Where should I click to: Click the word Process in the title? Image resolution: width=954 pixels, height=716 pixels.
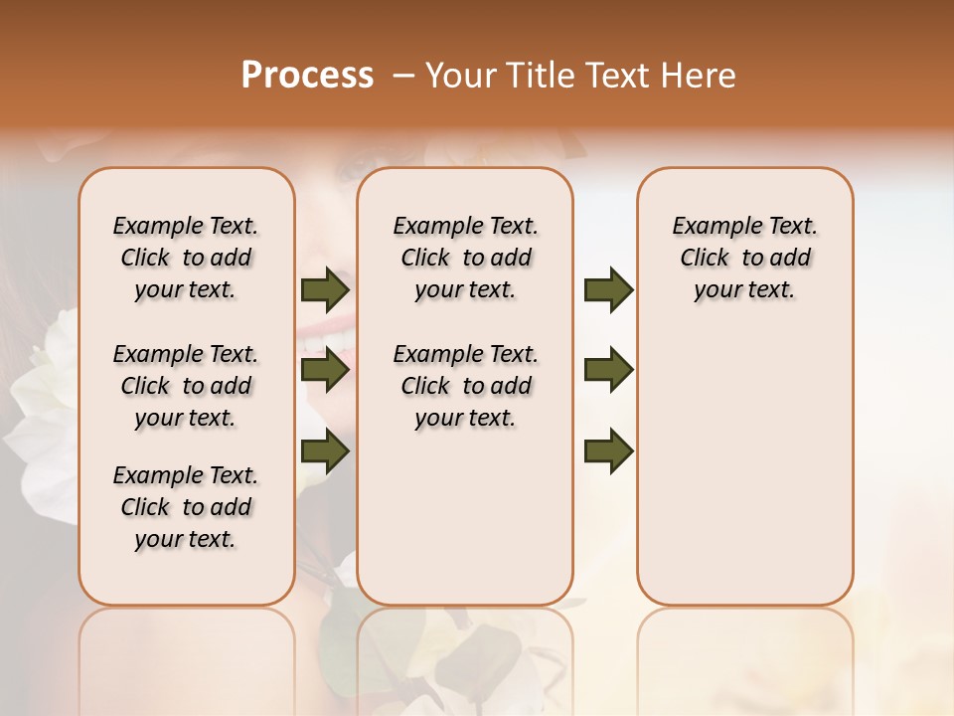(x=307, y=76)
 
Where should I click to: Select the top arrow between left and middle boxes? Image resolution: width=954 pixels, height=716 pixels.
(x=325, y=290)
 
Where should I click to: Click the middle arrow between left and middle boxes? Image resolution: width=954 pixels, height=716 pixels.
(x=325, y=370)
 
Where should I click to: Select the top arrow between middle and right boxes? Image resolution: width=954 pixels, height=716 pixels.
(x=608, y=290)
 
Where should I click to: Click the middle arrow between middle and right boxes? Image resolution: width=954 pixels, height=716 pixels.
(x=608, y=370)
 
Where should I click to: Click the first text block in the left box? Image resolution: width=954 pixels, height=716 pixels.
(x=186, y=258)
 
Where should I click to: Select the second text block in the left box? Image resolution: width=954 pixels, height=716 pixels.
(x=186, y=386)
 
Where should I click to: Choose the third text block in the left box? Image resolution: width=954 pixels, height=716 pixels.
(x=186, y=507)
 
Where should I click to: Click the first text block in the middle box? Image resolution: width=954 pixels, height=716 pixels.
(x=465, y=258)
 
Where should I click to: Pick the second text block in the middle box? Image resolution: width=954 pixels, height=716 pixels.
(x=465, y=386)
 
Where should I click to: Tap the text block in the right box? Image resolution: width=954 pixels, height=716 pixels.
(x=744, y=258)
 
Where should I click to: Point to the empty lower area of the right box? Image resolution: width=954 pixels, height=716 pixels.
(x=744, y=467)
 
